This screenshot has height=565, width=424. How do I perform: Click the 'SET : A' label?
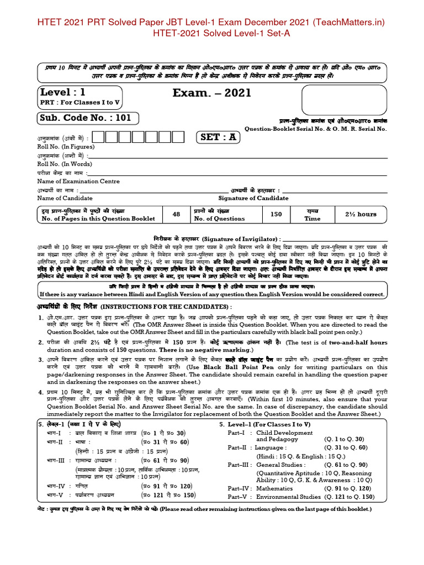point(219,137)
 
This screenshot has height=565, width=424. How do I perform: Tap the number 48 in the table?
point(177,214)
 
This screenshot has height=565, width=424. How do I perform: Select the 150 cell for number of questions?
point(276,214)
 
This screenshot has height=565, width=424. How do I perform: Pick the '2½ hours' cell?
point(361,214)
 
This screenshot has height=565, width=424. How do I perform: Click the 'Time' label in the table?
point(312,218)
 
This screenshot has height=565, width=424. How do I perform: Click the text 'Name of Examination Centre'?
point(78,181)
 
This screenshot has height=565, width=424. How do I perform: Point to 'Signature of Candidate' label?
point(253,198)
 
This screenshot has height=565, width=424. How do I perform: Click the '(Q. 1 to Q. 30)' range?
point(346,439)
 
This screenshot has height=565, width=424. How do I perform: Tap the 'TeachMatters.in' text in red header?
point(351,22)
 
